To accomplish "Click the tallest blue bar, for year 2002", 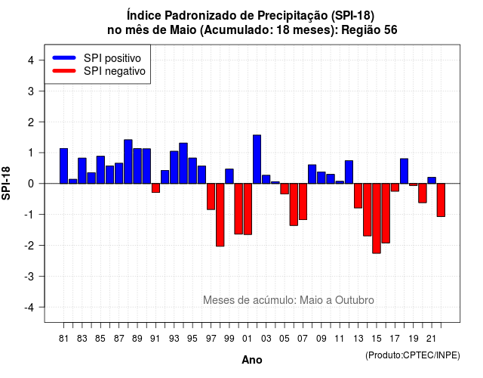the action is click(x=257, y=160).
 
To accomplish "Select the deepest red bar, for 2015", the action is click(x=377, y=218).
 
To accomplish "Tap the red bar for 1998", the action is click(x=220, y=215).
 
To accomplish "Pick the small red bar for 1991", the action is click(x=155, y=188).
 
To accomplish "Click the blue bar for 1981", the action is click(x=63, y=166).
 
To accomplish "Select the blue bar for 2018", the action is click(x=405, y=171).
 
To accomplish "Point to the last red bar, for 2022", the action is click(x=441, y=200).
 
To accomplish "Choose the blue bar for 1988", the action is click(x=128, y=162).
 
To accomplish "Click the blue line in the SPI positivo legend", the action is click(x=64, y=57).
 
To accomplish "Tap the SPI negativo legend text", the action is click(x=115, y=71).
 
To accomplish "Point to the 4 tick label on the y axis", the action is click(x=31, y=60).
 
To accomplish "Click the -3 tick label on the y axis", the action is click(x=29, y=276).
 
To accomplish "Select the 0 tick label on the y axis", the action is click(x=31, y=184).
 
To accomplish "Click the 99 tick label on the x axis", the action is click(x=229, y=339).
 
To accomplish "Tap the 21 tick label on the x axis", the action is click(x=431, y=339).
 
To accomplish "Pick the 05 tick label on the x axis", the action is click(x=285, y=339).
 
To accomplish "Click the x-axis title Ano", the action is click(x=252, y=360).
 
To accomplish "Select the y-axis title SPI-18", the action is click(x=6, y=183).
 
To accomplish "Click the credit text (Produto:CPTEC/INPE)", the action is click(x=413, y=355).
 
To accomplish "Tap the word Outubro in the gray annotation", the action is click(x=355, y=300).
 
